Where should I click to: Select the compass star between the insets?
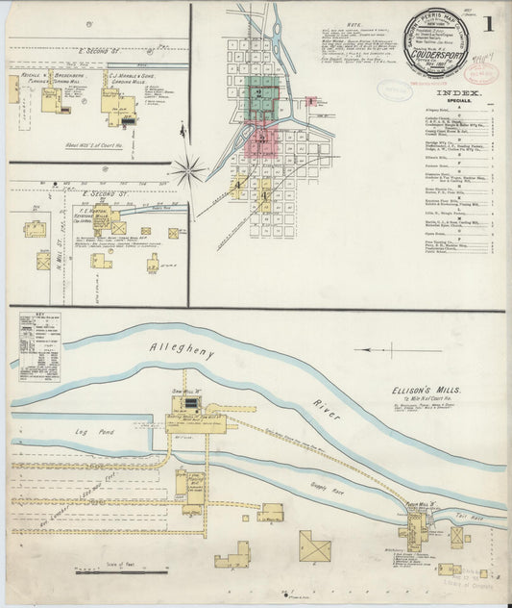point(189,172)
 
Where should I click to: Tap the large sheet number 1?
point(490,22)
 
